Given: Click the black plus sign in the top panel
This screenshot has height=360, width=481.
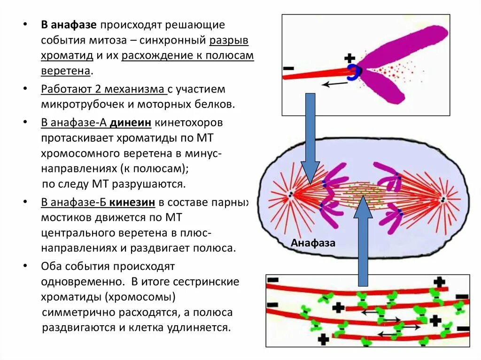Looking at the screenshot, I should (349, 58).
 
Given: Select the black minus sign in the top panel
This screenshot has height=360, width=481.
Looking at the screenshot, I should (288, 69).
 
